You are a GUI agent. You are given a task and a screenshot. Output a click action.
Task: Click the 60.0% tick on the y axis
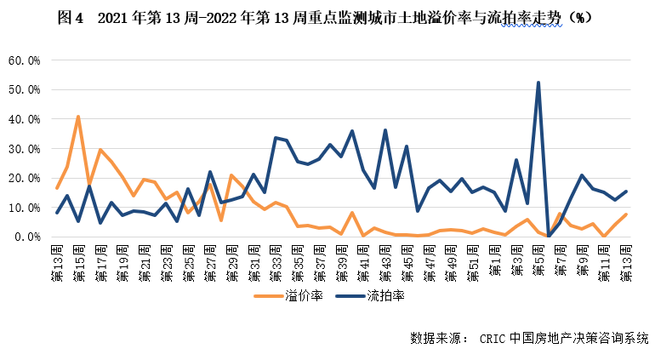point(24,60)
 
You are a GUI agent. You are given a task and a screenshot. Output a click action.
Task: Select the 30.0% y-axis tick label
point(24,149)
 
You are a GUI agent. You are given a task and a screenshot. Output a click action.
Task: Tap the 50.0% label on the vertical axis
point(24,90)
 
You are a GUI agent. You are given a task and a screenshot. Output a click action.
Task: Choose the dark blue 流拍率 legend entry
point(366,295)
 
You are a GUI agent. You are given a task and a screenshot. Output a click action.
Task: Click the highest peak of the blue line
point(538,83)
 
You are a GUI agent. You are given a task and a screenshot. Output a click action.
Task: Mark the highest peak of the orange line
point(78,117)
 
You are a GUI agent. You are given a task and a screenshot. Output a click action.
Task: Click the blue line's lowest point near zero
point(550,236)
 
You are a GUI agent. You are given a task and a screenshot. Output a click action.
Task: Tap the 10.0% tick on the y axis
point(24,208)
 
